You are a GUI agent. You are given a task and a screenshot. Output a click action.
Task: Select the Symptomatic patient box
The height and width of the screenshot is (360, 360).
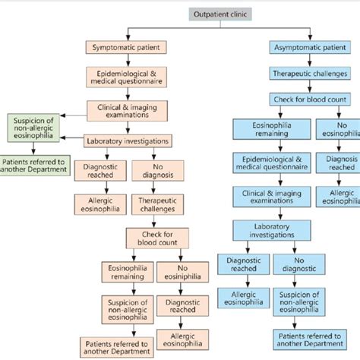click(x=126, y=48)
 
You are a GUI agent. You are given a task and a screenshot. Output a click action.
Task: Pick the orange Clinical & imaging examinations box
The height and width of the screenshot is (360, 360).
click(x=126, y=110)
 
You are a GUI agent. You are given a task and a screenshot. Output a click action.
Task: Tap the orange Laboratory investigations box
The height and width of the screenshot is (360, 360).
click(x=129, y=141)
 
